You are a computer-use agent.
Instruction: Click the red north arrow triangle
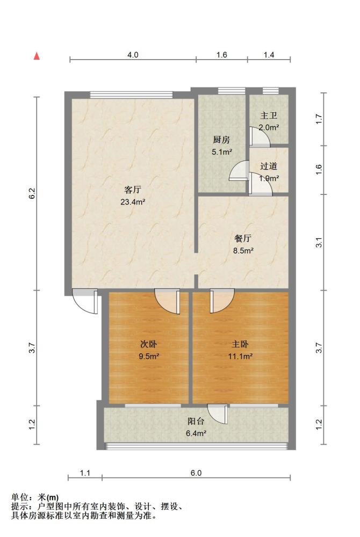point(37,56)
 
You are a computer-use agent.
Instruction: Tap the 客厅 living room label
point(133,190)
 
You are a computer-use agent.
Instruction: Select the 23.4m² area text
point(133,202)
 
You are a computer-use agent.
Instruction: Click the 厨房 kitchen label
point(221,140)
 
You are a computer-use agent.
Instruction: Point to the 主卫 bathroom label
point(269,116)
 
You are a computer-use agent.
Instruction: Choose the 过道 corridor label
point(269,166)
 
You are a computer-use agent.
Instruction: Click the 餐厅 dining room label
point(243,238)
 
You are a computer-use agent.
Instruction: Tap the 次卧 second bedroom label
point(149,344)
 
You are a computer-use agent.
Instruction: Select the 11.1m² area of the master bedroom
point(241,356)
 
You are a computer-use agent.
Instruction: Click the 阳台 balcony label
point(196,421)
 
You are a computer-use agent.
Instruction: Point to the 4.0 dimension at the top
point(133,55)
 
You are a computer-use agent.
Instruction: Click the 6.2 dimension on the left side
point(32,193)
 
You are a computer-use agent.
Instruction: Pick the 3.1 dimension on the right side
point(319,243)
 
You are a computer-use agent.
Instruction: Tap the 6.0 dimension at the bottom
point(196,473)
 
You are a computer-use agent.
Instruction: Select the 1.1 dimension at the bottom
point(85,473)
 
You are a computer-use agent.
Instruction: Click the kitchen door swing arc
point(239,170)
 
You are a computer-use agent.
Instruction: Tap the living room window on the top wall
point(131,95)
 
